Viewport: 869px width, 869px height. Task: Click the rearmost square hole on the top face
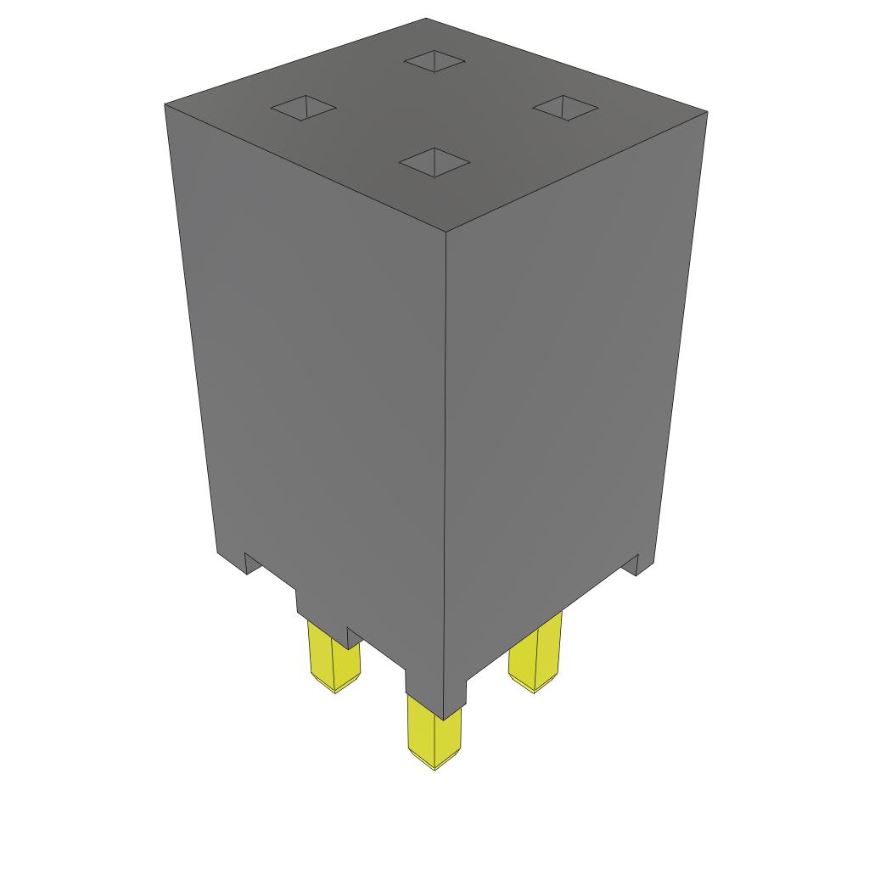pyautogui.click(x=434, y=61)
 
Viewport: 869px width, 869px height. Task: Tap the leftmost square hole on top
pyautogui.click(x=303, y=109)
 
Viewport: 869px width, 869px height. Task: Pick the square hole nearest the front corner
pyautogui.click(x=434, y=161)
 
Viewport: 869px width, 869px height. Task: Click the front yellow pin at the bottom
pyautogui.click(x=434, y=730)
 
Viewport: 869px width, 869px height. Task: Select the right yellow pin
pyautogui.click(x=535, y=653)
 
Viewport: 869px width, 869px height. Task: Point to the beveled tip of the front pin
pyautogui.click(x=434, y=763)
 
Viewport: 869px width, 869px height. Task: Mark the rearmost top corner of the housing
pyautogui.click(x=426, y=19)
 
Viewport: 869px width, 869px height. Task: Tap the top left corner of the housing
pyautogui.click(x=165, y=105)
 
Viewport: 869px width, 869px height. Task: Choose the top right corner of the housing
pyautogui.click(x=707, y=111)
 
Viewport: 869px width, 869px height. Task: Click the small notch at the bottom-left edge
pyautogui.click(x=252, y=563)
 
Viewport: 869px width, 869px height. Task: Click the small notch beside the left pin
pyautogui.click(x=354, y=636)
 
